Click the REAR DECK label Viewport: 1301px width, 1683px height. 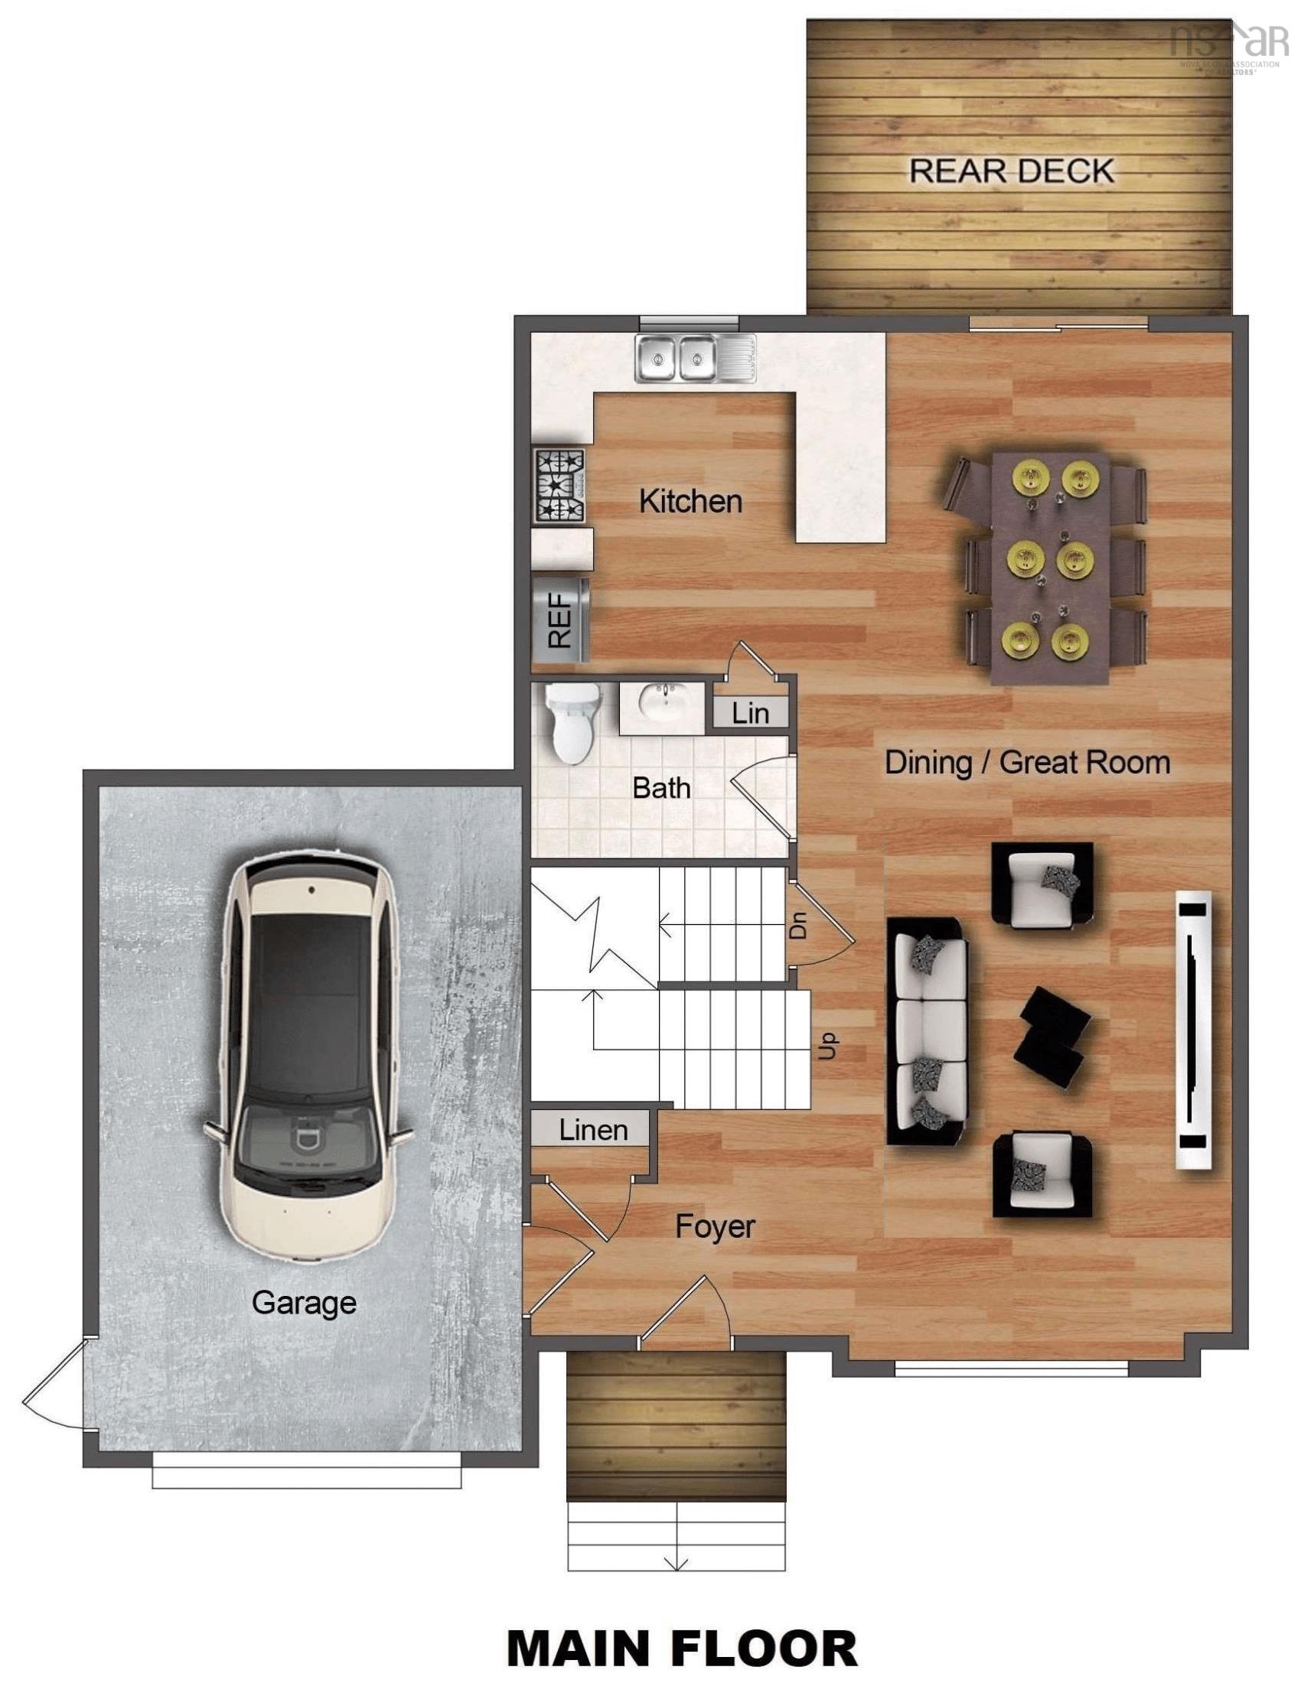coord(1011,171)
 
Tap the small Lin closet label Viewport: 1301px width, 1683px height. coord(750,713)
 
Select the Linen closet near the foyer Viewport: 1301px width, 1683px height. coord(592,1131)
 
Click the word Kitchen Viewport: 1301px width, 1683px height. coord(690,502)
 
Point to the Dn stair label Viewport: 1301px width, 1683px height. coord(799,924)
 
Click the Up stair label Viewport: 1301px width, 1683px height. coord(827,1047)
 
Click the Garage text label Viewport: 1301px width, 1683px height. coord(304,1302)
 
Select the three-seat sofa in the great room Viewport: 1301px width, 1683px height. coord(928,1031)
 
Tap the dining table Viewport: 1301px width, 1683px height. coord(1050,568)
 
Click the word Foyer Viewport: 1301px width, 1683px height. coord(715,1226)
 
